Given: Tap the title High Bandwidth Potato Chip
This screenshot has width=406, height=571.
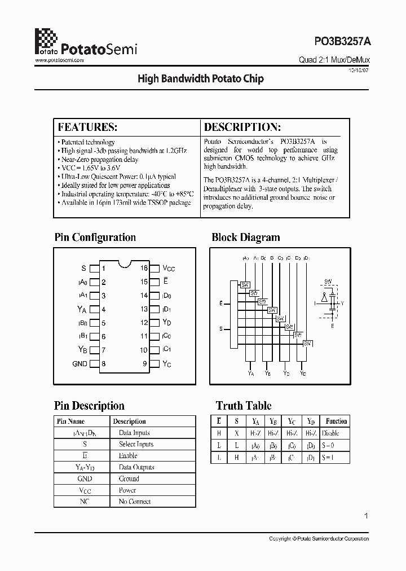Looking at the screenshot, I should [201, 79].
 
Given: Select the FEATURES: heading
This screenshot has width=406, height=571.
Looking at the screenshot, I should [87, 126].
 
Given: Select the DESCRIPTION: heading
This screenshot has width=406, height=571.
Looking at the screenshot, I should [242, 126].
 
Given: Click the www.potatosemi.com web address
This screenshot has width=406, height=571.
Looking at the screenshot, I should [60, 59].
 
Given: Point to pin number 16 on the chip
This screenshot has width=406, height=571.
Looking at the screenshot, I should [144, 269].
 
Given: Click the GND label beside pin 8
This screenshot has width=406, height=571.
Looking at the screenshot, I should [80, 364].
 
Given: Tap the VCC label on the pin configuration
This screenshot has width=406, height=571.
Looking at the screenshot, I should [169, 269].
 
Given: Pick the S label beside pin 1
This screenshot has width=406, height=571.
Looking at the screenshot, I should [84, 269].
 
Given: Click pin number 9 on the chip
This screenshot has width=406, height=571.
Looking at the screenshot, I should [145, 364].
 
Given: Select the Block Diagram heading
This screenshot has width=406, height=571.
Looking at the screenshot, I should [245, 238].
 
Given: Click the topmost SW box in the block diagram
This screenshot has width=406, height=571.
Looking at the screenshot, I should [245, 284].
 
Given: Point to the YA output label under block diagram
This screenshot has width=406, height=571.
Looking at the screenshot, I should [251, 373].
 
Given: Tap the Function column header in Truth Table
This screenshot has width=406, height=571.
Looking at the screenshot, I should [336, 421].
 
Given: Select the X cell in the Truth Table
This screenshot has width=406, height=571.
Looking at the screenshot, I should [237, 433].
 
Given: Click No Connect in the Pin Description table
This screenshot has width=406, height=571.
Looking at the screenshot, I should [135, 502].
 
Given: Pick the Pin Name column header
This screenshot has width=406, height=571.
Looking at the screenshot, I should [70, 421].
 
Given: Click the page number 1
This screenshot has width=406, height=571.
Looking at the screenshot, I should [366, 516].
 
